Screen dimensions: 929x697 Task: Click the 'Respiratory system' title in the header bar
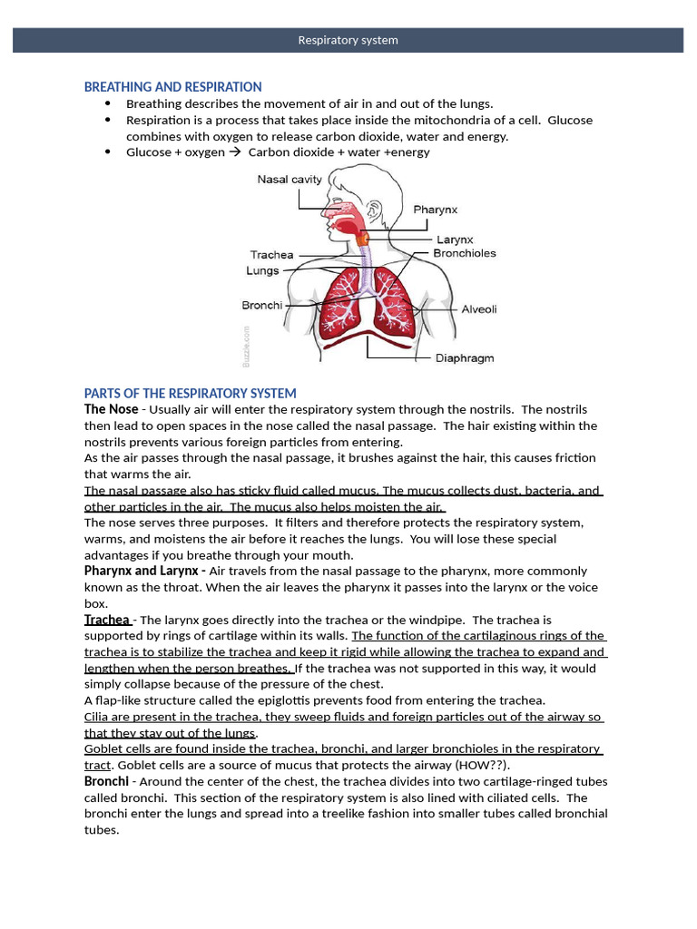point(348,40)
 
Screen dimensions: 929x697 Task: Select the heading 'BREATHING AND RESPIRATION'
point(172,87)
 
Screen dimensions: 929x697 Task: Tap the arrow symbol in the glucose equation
point(235,152)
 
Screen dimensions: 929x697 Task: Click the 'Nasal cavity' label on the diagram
point(290,180)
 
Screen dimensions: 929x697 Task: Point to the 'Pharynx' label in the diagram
point(436,210)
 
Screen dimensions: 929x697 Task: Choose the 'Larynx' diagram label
point(455,240)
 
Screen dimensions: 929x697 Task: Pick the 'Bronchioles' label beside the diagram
point(465,253)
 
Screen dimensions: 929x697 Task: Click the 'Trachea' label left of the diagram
point(272,255)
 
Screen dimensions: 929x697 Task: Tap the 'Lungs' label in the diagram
point(262,270)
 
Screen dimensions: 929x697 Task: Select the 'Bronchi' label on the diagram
point(262,306)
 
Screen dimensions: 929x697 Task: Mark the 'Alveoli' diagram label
point(479,309)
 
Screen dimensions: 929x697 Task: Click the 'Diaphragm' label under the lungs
point(465,357)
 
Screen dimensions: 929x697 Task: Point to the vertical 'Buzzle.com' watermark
point(246,347)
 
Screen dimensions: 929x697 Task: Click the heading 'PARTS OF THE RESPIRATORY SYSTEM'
point(190,393)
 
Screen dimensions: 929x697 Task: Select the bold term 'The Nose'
point(112,409)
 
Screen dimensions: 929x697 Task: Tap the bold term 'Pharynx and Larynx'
point(141,571)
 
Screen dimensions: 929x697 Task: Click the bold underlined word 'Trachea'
point(107,620)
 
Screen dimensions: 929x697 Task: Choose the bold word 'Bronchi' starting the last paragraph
point(105,781)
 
